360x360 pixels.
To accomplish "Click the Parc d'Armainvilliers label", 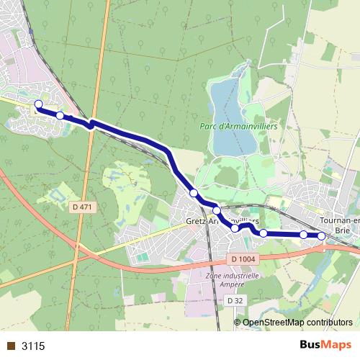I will (238, 126).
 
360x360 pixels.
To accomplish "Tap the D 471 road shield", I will (82, 207).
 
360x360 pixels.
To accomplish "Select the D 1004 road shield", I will (244, 258).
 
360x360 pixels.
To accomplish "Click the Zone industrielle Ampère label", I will (232, 279).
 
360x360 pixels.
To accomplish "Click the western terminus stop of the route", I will (39, 104).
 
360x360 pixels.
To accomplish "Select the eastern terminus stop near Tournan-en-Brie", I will (321, 235).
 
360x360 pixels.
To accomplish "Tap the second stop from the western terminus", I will (60, 115).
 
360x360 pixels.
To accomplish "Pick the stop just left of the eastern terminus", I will (304, 235).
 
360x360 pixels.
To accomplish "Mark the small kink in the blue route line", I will (91, 125).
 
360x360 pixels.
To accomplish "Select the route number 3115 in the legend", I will (33, 346).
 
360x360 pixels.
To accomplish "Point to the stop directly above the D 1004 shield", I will (235, 228).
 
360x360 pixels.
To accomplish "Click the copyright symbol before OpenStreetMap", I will (238, 323).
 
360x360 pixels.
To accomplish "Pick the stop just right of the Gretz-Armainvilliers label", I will (264, 233).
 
